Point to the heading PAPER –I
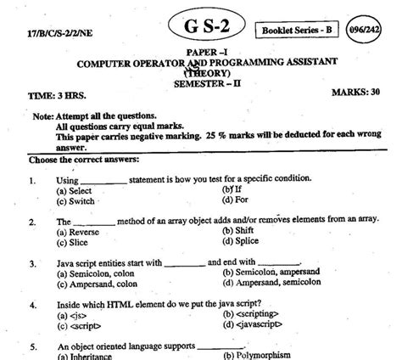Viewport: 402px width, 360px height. point(201,53)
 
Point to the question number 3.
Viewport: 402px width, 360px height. point(31,262)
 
